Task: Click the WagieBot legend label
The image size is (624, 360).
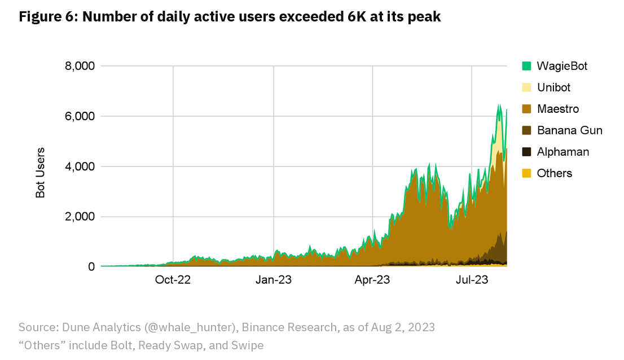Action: [562, 66]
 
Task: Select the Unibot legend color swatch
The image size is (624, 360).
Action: [527, 87]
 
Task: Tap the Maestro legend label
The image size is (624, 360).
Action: [558, 109]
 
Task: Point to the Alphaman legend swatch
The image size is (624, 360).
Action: [527, 152]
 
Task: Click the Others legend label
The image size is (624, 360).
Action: [555, 173]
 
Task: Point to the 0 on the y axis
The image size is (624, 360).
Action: [90, 267]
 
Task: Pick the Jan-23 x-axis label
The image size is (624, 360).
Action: [273, 280]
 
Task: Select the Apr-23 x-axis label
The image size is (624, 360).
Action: [373, 280]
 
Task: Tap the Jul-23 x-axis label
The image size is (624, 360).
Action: [472, 280]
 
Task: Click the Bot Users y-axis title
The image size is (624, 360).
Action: [41, 173]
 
